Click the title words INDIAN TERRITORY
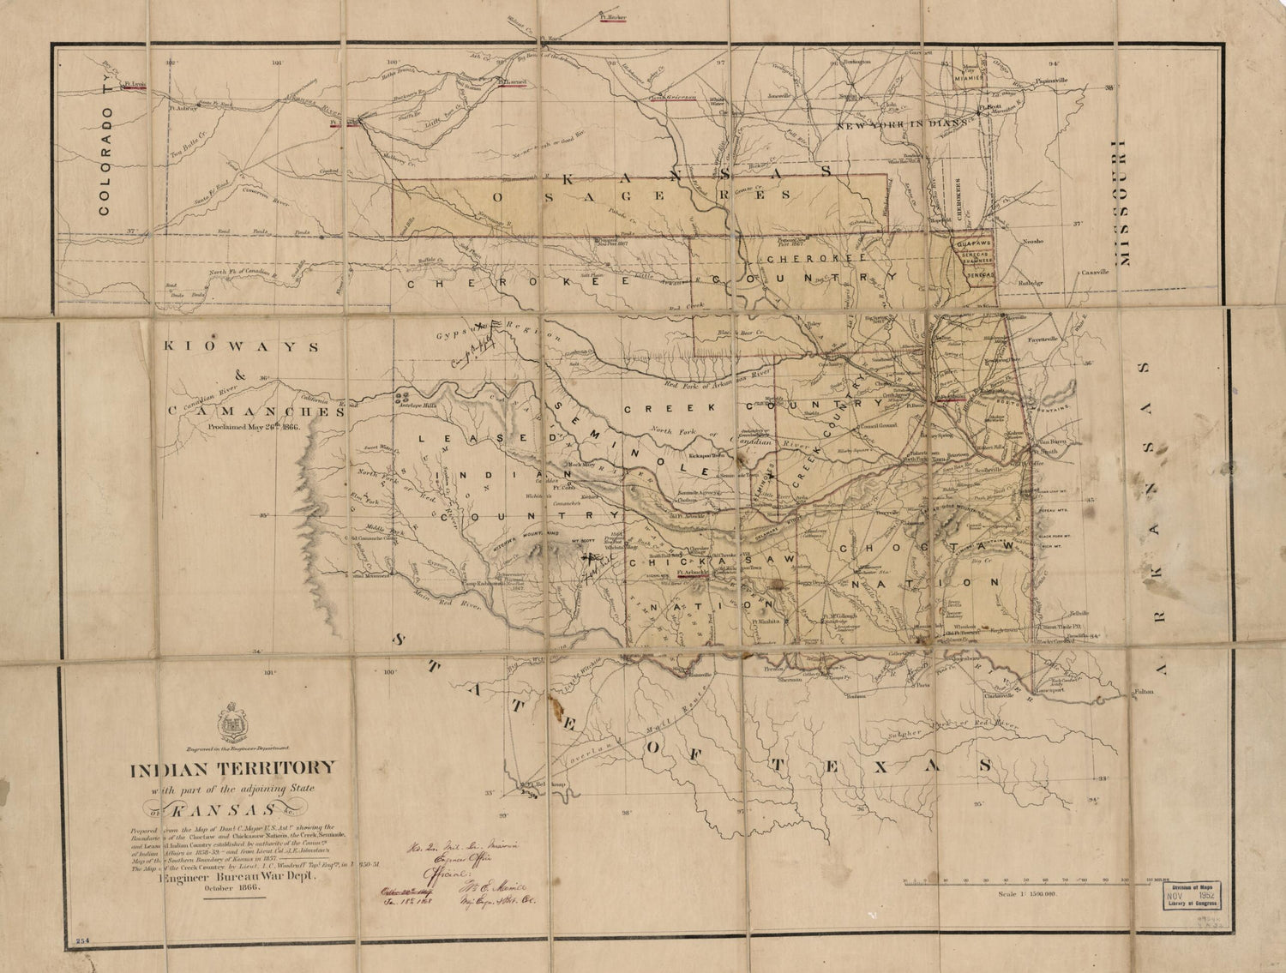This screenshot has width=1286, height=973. [232, 768]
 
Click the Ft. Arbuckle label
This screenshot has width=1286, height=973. [691, 572]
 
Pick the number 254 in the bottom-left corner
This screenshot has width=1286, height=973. [83, 940]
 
